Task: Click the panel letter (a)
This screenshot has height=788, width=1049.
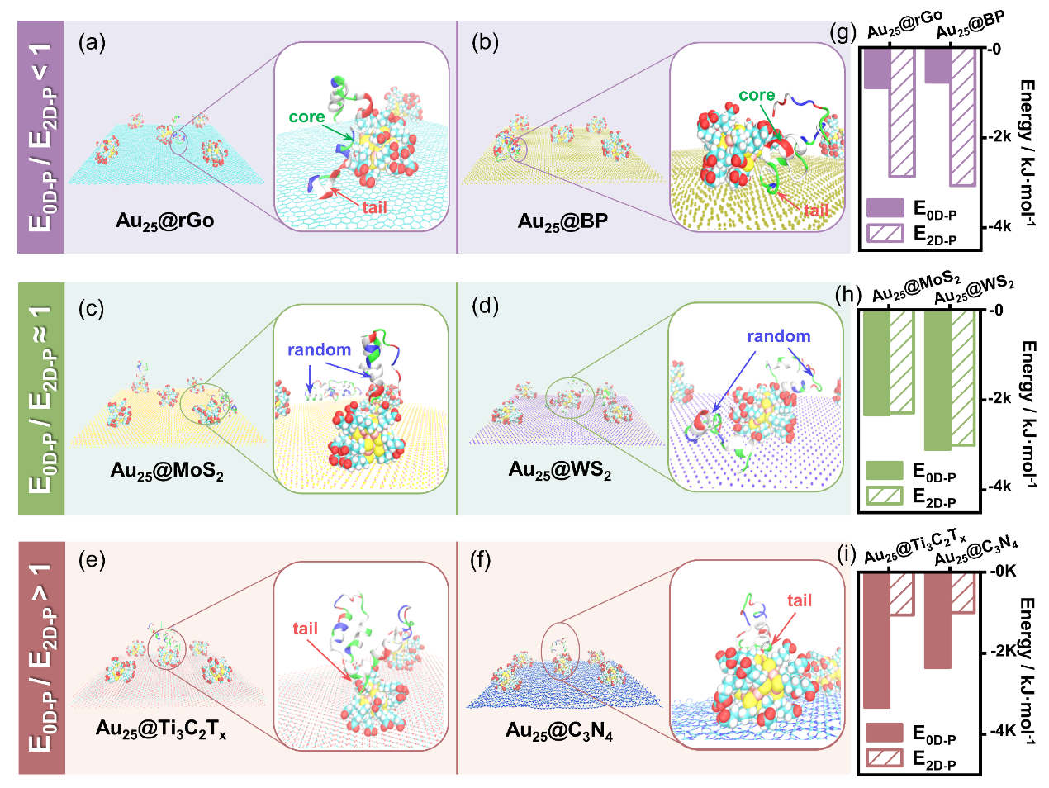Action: coord(92,43)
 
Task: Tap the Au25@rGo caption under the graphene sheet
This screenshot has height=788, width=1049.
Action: coord(165,221)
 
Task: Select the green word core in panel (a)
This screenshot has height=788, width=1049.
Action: coord(306,117)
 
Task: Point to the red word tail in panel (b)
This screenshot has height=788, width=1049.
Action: coord(816,211)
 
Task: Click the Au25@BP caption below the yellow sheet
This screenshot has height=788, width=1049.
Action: coord(562,221)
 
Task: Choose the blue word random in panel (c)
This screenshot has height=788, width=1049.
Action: coord(319,349)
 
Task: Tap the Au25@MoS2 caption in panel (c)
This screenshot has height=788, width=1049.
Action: coord(167,472)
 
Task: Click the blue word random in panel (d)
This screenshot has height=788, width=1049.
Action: coord(778,336)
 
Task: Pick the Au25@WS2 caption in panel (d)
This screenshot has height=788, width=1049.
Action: coord(560,471)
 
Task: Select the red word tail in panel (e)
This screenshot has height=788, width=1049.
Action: coord(305,629)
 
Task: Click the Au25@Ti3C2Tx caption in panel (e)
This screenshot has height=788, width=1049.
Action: coord(161,729)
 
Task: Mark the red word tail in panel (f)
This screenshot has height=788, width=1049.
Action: coord(799,600)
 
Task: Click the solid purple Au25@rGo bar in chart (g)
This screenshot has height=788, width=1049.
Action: coord(876,69)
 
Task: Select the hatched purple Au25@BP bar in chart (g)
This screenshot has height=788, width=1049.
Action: coord(963,116)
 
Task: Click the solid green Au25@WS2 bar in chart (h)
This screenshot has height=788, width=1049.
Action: coord(937,380)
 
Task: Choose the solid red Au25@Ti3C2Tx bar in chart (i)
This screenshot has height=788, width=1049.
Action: coord(876,639)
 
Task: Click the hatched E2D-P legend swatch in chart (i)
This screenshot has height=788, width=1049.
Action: coord(884,758)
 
